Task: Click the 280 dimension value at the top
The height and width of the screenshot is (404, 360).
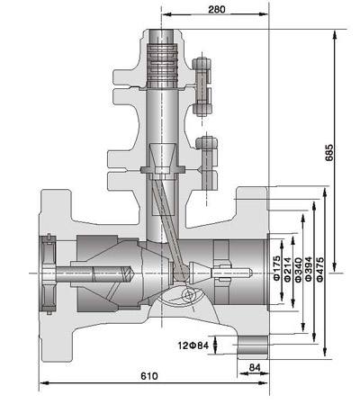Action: [x=217, y=10]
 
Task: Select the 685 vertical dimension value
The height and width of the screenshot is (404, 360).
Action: [x=329, y=153]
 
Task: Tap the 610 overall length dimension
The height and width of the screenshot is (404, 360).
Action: [x=149, y=376]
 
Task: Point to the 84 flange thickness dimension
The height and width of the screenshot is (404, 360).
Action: [x=255, y=367]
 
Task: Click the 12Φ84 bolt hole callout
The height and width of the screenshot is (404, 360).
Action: [x=193, y=346]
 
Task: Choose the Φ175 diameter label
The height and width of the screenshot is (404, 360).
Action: [x=277, y=268]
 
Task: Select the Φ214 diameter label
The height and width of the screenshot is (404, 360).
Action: [x=287, y=269]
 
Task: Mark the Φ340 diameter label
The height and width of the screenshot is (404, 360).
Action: [x=298, y=269]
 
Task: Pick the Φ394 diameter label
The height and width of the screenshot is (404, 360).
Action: [x=309, y=269]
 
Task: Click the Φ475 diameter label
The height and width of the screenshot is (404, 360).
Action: [x=319, y=269]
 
